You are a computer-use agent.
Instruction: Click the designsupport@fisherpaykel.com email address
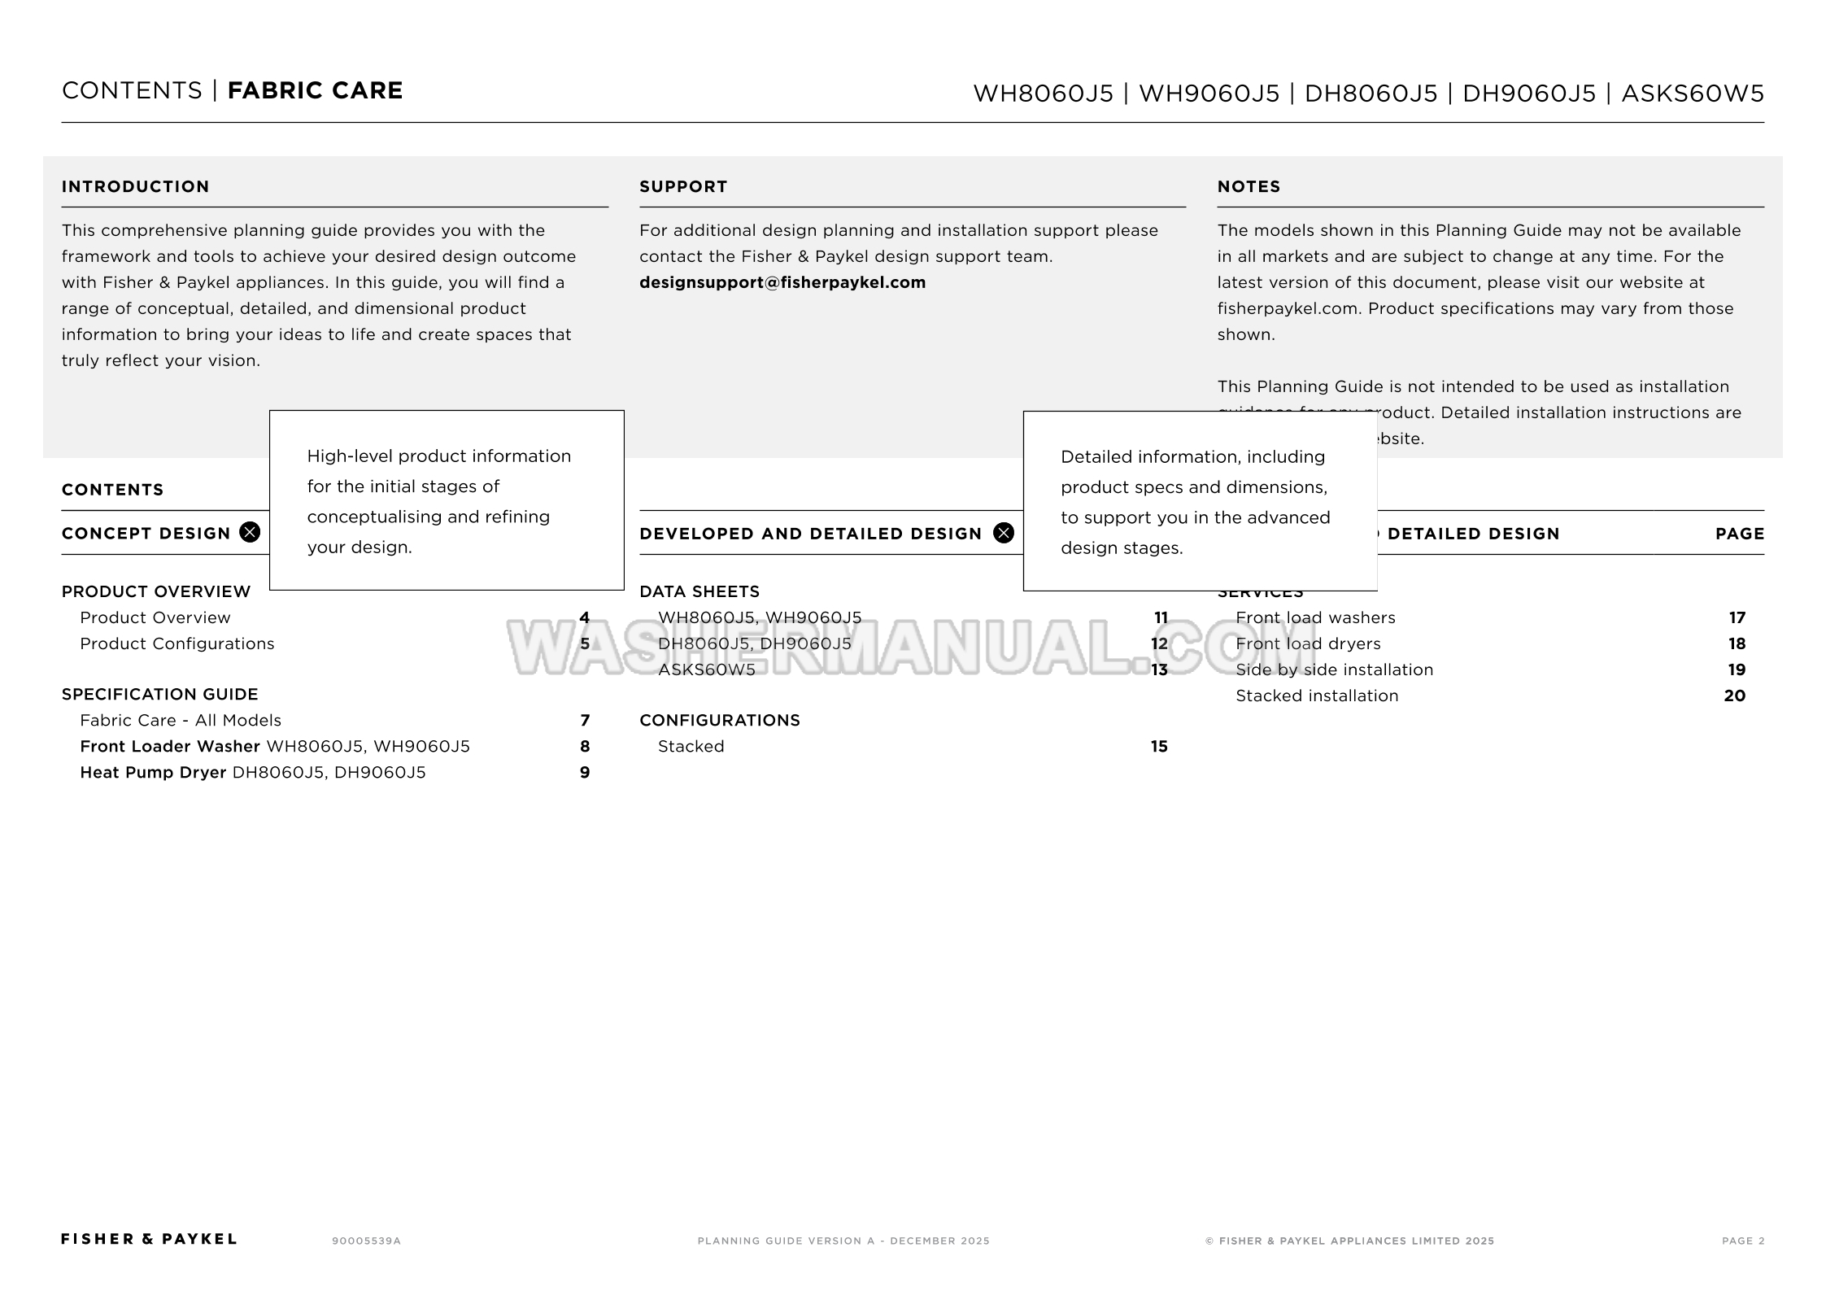pos(782,282)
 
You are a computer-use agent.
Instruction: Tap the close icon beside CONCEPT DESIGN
pos(250,532)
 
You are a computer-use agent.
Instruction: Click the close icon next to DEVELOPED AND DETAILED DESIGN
pos(1004,533)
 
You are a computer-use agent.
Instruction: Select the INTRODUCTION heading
pos(135,186)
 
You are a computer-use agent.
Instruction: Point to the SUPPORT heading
pos(682,186)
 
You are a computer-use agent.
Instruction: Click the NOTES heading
pos(1249,186)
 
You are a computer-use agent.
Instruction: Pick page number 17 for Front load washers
pos(1737,617)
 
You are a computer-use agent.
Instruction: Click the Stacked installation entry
pos(1316,696)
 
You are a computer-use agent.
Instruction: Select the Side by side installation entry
pos(1334,669)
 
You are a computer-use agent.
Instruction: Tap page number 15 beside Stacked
pos(1159,746)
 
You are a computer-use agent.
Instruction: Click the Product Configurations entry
pos(176,643)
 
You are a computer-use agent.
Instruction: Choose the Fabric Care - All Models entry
pos(180,720)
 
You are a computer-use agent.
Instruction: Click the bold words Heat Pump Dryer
pos(152,772)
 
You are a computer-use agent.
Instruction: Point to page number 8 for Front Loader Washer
pos(584,746)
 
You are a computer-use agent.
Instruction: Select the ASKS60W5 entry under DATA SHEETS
pos(706,669)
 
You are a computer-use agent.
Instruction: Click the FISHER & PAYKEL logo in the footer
pos(149,1239)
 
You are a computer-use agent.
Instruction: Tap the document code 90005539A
pos(366,1241)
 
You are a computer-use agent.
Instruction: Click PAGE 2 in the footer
pos(1743,1241)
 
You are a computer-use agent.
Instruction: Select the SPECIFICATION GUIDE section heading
pos(159,694)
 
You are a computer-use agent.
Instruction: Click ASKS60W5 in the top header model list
pos(1693,93)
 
